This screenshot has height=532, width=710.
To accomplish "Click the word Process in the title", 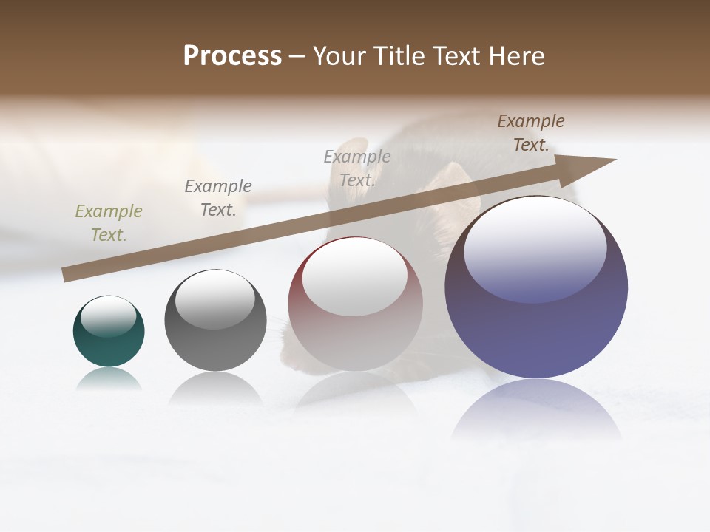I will pyautogui.click(x=232, y=56).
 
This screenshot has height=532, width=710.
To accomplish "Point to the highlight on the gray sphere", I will pyautogui.click(x=215, y=299).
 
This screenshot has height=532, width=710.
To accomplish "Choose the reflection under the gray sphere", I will pyautogui.click(x=215, y=388).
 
